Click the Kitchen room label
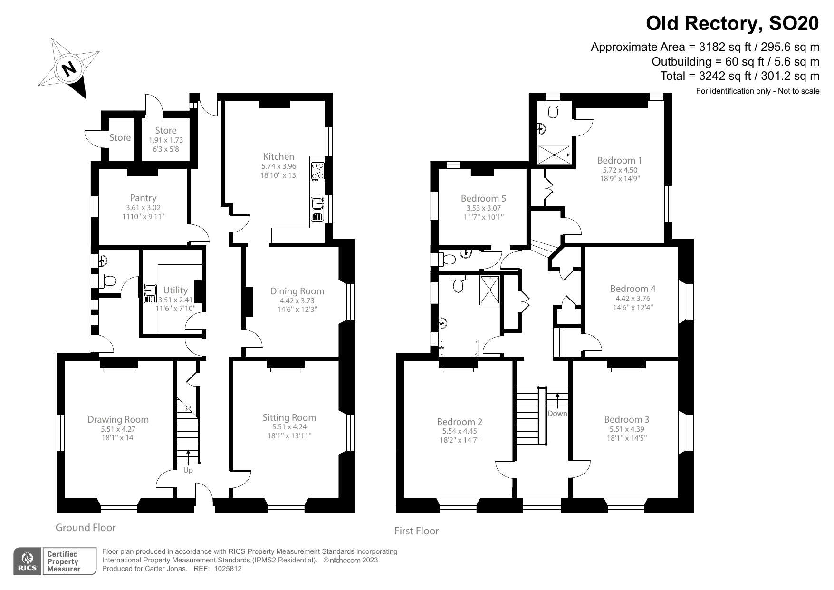tap(278, 156)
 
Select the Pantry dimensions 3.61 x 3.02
tap(143, 208)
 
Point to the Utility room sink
tap(150, 294)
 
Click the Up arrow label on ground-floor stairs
tap(188, 470)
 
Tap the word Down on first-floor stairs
tap(557, 413)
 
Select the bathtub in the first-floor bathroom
tap(459, 348)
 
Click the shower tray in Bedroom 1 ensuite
tap(554, 155)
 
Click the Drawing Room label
tap(118, 419)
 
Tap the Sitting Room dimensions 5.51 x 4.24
tap(289, 427)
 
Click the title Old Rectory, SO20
tap(732, 23)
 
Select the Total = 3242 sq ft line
tap(739, 76)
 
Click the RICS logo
tap(26, 561)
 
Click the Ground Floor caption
tap(86, 527)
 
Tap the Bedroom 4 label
tap(633, 289)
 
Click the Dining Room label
tap(297, 291)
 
